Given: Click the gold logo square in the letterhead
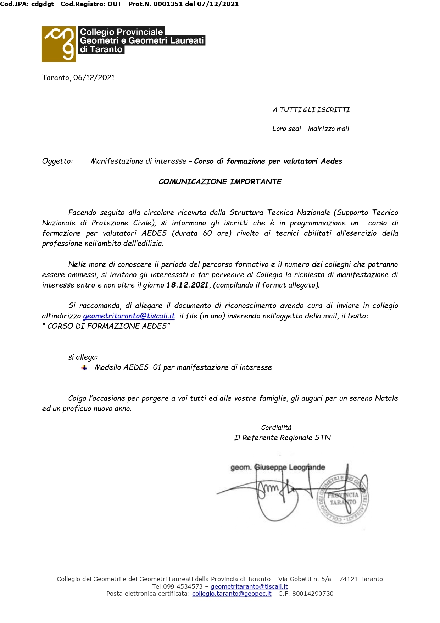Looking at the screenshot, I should click(59, 44).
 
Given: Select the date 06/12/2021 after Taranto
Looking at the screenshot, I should click(94, 78).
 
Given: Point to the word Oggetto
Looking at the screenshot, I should click(57, 161).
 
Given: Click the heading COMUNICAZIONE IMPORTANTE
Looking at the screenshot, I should click(220, 182).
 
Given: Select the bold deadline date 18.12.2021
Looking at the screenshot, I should click(187, 285).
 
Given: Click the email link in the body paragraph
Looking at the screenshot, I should click(129, 316).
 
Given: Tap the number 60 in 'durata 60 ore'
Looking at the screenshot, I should click(207, 233).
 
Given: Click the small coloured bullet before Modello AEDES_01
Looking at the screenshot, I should click(84, 367).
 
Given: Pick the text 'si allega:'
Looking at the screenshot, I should click(83, 357).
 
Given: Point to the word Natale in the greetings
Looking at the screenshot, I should click(386, 398).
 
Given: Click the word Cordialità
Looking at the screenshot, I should click(276, 427).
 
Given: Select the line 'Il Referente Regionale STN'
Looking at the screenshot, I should click(282, 438).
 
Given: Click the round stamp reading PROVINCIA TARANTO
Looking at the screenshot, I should click(342, 499).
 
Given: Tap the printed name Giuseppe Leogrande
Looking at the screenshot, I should click(290, 467).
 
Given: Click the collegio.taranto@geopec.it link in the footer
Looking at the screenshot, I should click(232, 594).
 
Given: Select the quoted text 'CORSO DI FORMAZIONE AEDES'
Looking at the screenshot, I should click(107, 326).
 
